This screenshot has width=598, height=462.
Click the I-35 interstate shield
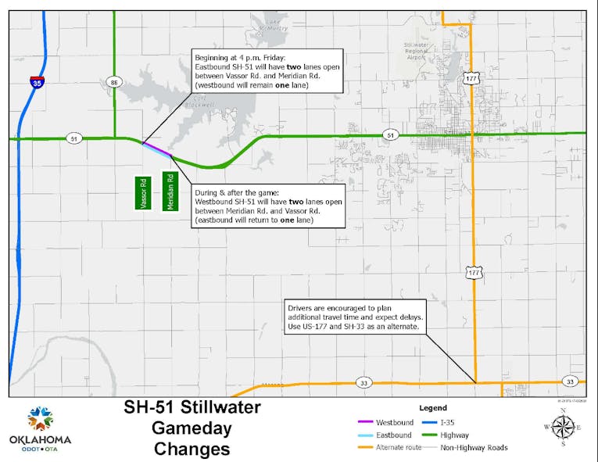pyautogui.click(x=37, y=81)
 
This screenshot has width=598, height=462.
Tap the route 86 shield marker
pyautogui.click(x=114, y=81)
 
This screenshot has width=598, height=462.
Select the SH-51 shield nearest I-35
pyautogui.click(x=73, y=138)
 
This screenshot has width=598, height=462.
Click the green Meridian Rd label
pyautogui.click(x=170, y=192)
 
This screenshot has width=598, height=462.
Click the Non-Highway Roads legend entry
pyautogui.click(x=472, y=447)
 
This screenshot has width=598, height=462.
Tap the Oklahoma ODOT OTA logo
pyautogui.click(x=41, y=428)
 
